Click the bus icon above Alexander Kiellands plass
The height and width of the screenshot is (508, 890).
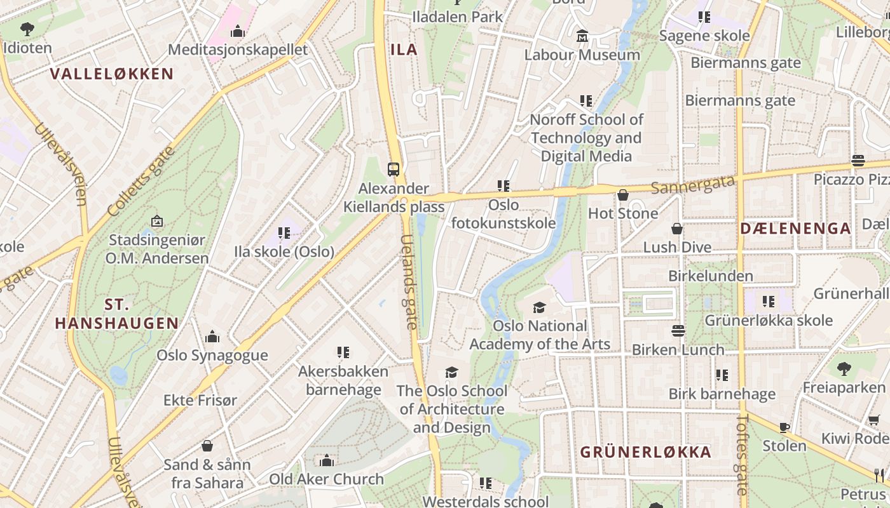pyautogui.click(x=394, y=169)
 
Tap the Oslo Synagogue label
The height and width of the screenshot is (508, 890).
pyautogui.click(x=212, y=355)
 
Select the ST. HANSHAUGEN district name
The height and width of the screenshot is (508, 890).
pyautogui.click(x=116, y=313)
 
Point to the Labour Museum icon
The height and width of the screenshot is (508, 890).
pyautogui.click(x=582, y=37)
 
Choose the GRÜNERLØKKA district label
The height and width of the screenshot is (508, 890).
pyautogui.click(x=645, y=452)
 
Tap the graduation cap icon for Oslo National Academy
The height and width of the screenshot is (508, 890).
pyautogui.click(x=539, y=308)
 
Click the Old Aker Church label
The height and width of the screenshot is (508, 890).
pyautogui.click(x=327, y=479)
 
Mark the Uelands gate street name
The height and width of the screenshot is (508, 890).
pyautogui.click(x=409, y=282)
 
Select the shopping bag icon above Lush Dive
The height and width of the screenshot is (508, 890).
pyautogui.click(x=677, y=229)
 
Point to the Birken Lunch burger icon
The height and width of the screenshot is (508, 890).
pyautogui.click(x=678, y=331)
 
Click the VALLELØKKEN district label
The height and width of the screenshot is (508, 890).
pyautogui.click(x=112, y=74)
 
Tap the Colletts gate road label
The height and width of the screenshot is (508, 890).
pyautogui.click(x=140, y=182)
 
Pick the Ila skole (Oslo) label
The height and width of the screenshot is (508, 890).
pyautogui.click(x=284, y=251)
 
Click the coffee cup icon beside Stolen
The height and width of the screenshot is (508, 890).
pyautogui.click(x=784, y=427)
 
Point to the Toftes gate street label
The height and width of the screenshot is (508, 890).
pyautogui.click(x=742, y=454)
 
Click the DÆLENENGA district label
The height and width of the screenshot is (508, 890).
pyautogui.click(x=795, y=229)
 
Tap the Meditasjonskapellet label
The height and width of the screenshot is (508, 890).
pyautogui.click(x=238, y=50)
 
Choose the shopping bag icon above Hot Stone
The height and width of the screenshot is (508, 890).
pyautogui.click(x=623, y=195)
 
